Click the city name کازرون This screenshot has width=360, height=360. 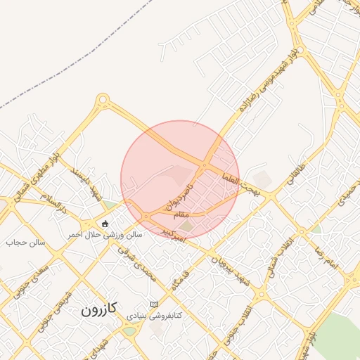98,309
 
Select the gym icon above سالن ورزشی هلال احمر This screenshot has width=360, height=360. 105,224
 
